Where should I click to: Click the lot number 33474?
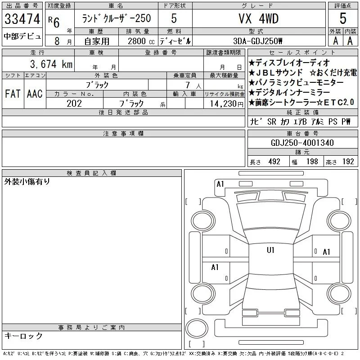pos(22,19)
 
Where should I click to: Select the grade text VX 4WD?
pos(258,18)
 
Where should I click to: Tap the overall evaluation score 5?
pos(343,18)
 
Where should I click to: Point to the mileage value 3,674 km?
pos(51,64)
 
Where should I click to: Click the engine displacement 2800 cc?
pos(141,41)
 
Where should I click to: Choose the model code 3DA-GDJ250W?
pos(257,41)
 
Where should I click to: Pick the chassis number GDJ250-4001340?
pos(302,143)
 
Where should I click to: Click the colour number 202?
pos(74,103)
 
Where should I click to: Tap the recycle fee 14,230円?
pos(227,104)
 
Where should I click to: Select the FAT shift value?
pos(13,94)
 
